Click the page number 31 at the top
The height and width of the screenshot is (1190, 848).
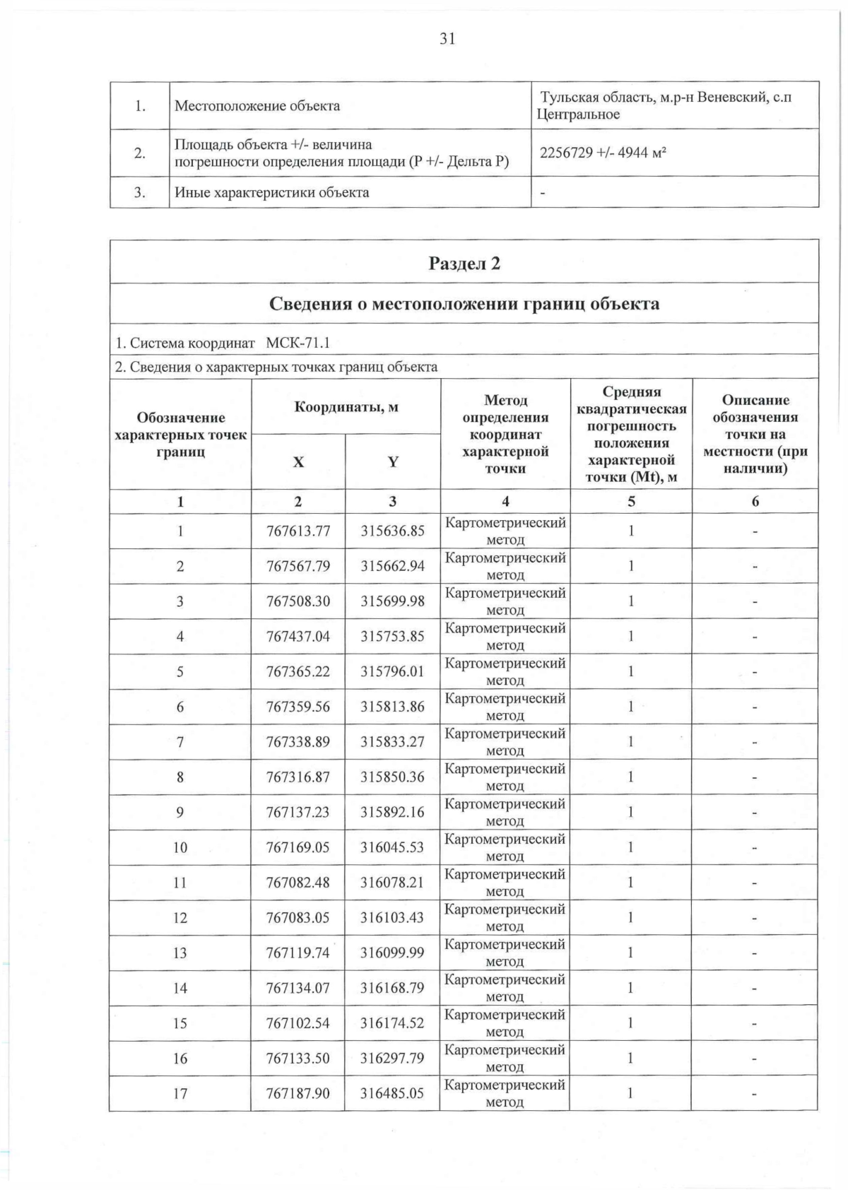click(447, 40)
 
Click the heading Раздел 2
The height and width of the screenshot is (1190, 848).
click(464, 264)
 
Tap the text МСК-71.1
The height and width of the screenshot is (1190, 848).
click(298, 343)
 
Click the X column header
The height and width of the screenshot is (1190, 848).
click(298, 462)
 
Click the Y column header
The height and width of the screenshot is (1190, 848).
click(393, 462)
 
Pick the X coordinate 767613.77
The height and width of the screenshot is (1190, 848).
click(298, 531)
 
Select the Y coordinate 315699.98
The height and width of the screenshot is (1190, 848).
click(392, 601)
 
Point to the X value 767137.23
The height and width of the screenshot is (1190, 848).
click(298, 812)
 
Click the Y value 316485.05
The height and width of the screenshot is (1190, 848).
click(392, 1093)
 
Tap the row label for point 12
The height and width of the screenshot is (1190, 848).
click(180, 918)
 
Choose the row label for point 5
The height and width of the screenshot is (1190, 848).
click(180, 671)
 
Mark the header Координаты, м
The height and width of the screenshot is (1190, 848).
click(346, 407)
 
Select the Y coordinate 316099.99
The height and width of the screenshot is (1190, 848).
click(392, 953)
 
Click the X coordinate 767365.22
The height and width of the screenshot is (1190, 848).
click(298, 671)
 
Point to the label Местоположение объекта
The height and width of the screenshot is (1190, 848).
click(257, 106)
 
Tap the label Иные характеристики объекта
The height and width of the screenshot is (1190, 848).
click(272, 192)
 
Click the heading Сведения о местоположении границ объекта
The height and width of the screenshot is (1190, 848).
click(464, 304)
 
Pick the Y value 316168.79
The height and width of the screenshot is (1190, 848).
click(392, 988)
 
